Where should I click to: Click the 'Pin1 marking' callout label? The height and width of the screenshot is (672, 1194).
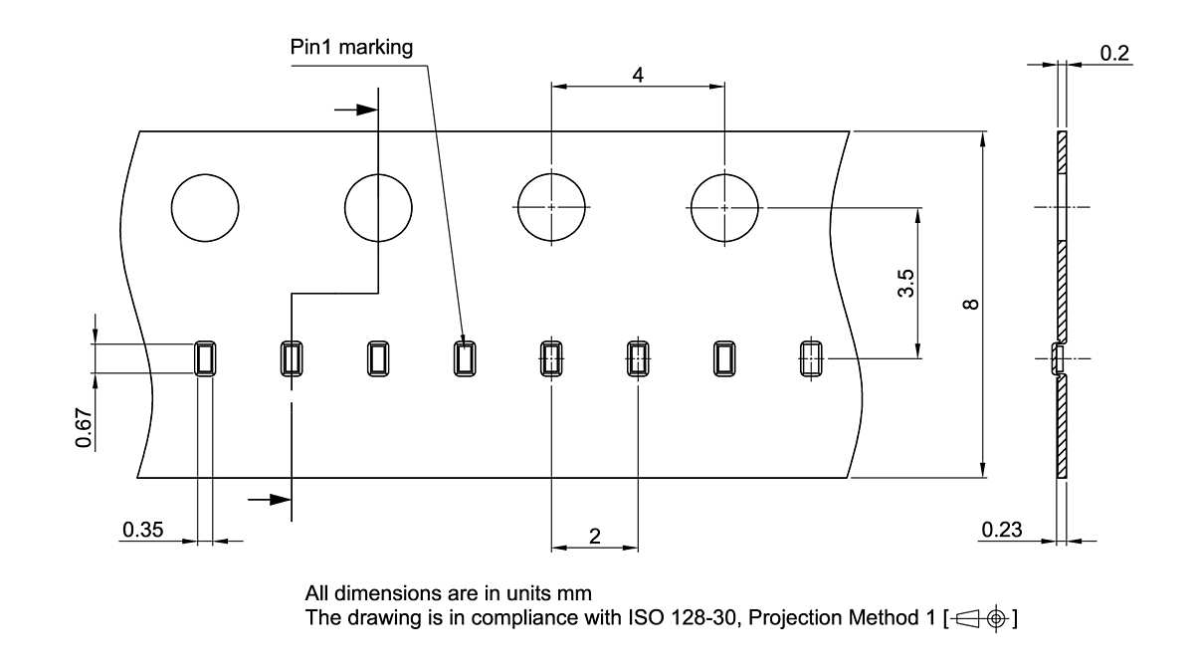[351, 48]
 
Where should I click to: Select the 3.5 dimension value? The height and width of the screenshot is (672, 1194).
[904, 283]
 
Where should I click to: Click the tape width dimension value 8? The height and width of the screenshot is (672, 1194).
[972, 304]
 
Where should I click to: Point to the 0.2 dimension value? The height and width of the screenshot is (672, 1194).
[1115, 54]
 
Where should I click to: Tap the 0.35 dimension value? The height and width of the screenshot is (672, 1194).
[142, 530]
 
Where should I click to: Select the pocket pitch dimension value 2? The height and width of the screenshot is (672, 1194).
[595, 536]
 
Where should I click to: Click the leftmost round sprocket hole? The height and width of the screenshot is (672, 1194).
[205, 207]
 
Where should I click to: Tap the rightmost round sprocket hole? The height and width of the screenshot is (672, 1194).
[725, 207]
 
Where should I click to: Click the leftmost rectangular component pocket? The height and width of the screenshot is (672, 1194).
[204, 357]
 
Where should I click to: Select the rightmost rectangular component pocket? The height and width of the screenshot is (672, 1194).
[813, 357]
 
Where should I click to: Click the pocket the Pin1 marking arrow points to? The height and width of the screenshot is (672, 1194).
[465, 357]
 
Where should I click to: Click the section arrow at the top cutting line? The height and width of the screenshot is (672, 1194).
[355, 110]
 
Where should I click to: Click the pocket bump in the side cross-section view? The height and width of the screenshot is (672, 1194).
[1057, 358]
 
